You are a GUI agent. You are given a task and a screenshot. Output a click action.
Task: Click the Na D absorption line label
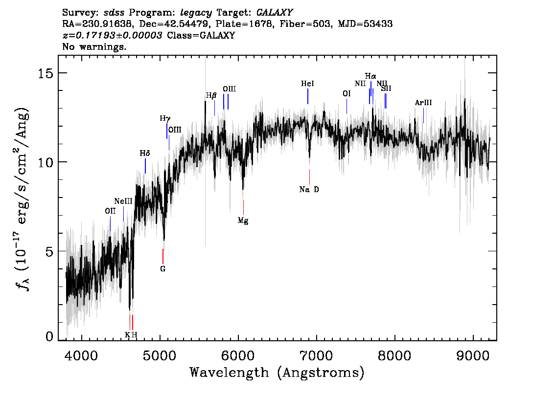click(309, 190)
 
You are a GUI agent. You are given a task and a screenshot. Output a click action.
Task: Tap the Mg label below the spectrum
click(243, 220)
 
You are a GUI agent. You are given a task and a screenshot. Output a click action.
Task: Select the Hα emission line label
click(370, 76)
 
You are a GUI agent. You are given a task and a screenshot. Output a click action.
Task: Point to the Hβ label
click(211, 95)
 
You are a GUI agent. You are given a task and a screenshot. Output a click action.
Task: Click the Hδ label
click(144, 154)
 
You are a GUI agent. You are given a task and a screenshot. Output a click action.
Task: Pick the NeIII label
click(123, 201)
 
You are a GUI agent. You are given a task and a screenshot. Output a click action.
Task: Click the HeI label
click(307, 84)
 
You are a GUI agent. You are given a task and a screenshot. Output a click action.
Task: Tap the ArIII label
click(423, 103)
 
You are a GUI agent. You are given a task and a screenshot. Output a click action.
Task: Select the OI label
click(347, 93)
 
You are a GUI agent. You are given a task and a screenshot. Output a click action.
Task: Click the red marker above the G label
click(163, 256)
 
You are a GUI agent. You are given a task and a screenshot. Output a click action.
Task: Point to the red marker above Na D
click(309, 176)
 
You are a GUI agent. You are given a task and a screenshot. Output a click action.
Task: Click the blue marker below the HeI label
click(307, 96)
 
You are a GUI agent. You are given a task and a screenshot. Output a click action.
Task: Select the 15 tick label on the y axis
click(46, 73)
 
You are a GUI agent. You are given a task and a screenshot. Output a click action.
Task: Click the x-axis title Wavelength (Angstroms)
click(277, 373)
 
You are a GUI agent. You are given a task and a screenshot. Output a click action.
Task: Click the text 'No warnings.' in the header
click(94, 47)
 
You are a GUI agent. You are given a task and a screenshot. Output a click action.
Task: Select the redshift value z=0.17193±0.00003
click(113, 36)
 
